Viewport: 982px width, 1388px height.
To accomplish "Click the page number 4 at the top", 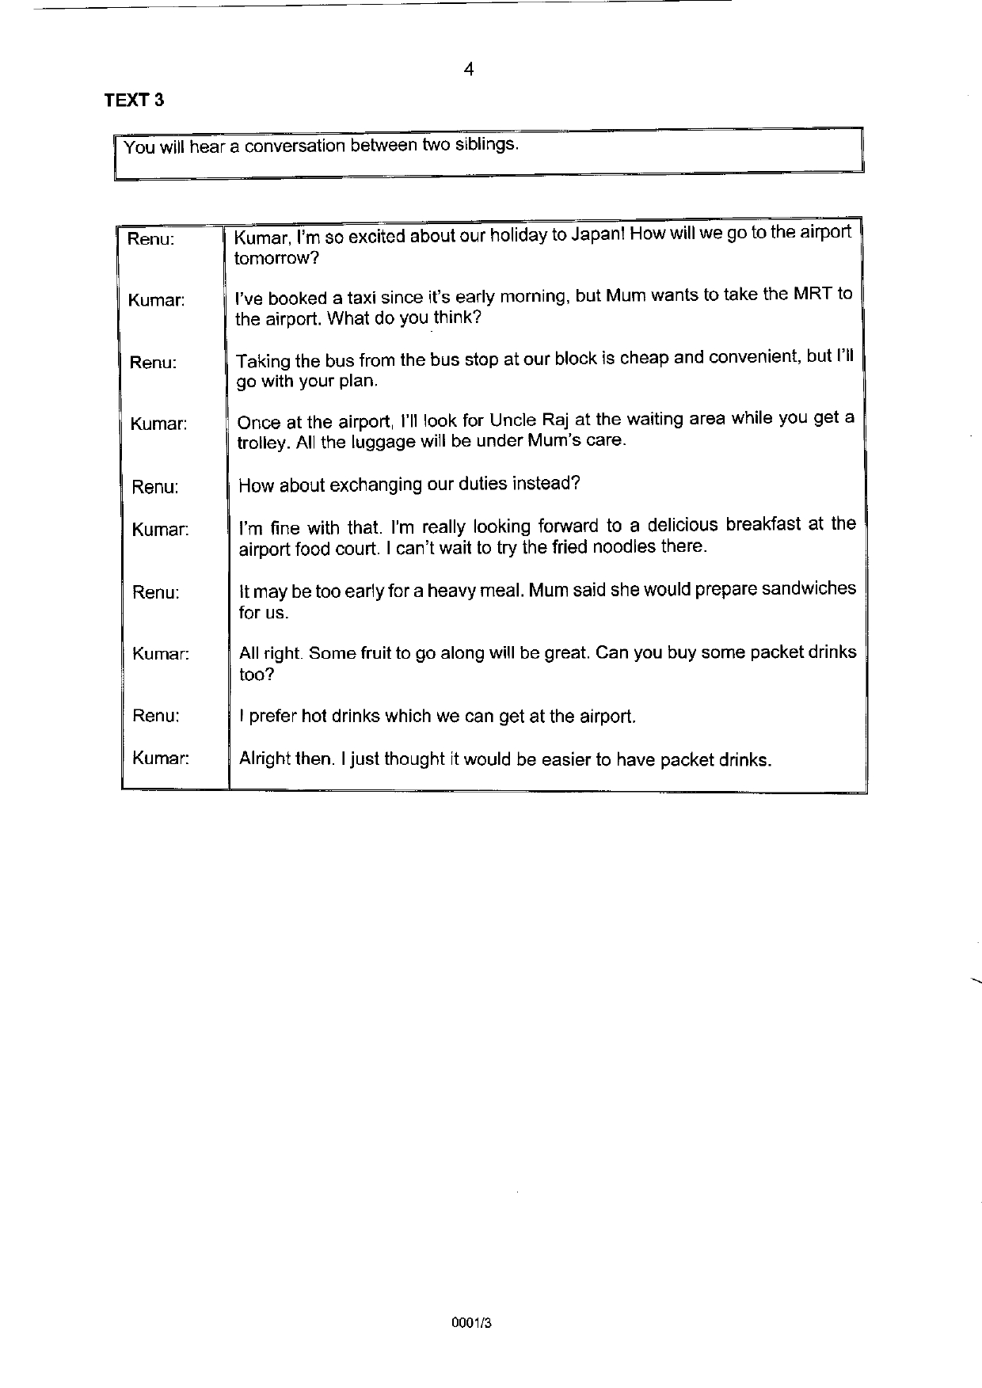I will (469, 70).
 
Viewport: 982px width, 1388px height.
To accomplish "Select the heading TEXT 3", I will (134, 101).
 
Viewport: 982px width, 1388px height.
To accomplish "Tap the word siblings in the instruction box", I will (486, 145).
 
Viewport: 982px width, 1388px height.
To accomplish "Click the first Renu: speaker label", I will (150, 238).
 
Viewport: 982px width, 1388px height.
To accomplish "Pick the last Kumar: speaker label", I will (161, 758).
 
